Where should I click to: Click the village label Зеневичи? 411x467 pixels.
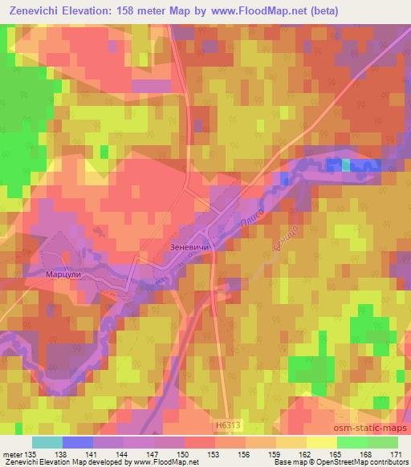190,248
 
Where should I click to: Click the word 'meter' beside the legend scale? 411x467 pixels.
13,453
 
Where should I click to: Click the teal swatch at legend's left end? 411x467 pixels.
47,442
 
